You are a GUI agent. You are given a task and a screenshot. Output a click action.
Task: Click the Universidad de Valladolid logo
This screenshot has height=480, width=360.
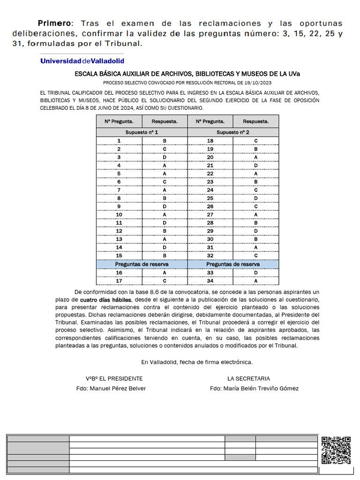pos(82,61)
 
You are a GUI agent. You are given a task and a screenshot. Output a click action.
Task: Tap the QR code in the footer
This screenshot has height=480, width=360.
pos(336,450)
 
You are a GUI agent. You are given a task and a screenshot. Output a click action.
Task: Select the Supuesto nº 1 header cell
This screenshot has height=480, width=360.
pos(142,132)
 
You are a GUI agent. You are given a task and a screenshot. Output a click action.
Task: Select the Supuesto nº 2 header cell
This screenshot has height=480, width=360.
pos(233,132)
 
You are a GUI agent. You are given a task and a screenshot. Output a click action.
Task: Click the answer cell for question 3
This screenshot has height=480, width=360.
pos(165,157)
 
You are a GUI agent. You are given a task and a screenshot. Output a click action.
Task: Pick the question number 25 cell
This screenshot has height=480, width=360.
pos(210,199)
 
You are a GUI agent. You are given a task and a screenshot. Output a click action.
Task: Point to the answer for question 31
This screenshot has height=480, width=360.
pos(256,247)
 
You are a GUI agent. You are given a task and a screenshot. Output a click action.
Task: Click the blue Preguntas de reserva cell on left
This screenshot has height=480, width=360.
pos(142,264)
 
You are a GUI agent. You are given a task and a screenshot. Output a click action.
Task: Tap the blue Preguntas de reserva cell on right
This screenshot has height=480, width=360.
pos(233,264)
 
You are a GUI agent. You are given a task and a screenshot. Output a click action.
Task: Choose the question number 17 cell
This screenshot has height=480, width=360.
pos(119,281)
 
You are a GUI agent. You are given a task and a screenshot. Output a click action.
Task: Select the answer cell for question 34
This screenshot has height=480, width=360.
pos(256,281)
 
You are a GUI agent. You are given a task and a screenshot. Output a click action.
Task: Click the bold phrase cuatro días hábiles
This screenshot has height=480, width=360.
pos(106,300)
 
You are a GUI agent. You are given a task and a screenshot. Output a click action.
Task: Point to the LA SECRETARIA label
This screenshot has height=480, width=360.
pos(248,378)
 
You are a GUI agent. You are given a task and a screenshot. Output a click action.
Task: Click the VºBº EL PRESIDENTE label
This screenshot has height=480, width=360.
pos(114,378)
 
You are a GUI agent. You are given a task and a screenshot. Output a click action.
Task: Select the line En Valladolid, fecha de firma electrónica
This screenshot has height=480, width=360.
pos(197,362)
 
